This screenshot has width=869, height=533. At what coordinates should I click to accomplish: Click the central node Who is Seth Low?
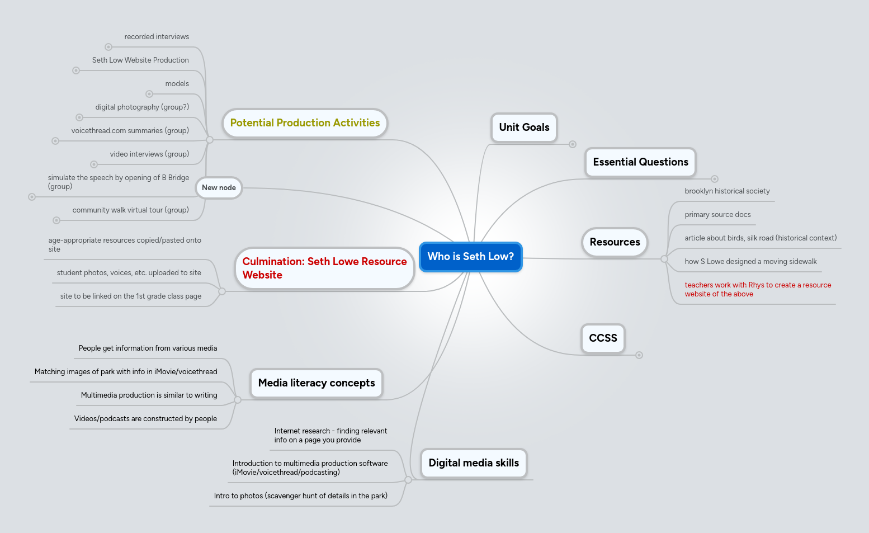click(470, 257)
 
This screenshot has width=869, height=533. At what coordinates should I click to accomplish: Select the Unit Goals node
click(524, 128)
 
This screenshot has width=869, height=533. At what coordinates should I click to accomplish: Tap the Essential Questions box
click(640, 162)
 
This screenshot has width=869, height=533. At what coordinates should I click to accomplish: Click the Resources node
click(615, 242)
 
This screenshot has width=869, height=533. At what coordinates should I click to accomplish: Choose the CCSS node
click(603, 338)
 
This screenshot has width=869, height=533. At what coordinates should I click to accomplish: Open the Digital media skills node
click(474, 463)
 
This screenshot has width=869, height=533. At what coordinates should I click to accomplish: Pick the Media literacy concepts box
click(317, 383)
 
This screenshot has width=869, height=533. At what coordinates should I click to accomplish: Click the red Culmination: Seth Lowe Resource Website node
click(324, 268)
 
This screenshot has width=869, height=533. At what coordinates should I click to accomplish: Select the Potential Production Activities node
click(305, 123)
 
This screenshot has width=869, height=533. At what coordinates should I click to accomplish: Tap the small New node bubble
click(219, 188)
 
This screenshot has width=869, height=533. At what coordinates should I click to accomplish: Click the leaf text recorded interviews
click(157, 37)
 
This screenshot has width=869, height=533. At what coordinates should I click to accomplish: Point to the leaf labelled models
click(177, 84)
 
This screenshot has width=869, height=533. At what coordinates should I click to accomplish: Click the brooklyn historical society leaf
click(727, 191)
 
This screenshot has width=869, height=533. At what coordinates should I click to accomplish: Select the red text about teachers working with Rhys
click(757, 290)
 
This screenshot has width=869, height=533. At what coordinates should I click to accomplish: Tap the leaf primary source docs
click(717, 215)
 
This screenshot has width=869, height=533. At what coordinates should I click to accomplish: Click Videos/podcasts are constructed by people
click(145, 419)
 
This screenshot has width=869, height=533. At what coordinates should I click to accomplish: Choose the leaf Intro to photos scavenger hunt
click(300, 496)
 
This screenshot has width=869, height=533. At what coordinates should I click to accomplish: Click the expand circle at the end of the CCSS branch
click(639, 355)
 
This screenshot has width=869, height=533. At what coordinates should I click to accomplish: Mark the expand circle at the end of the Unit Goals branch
click(573, 144)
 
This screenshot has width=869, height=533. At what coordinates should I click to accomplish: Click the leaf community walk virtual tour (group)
click(130, 210)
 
